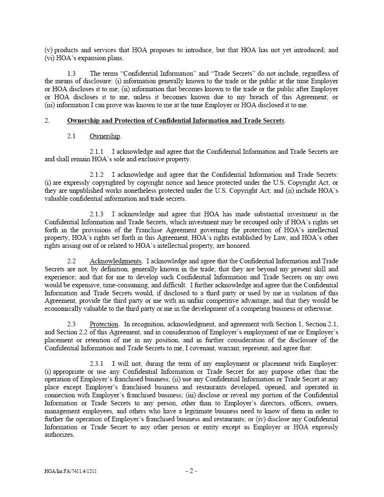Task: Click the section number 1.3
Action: [72, 73]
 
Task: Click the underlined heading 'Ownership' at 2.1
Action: [104, 136]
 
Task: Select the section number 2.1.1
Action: [96, 151]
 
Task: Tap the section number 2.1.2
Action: [96, 175]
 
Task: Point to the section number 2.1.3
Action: [96, 214]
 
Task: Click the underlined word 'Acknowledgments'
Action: [115, 261]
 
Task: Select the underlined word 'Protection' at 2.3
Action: [104, 324]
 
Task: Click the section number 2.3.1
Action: [96, 363]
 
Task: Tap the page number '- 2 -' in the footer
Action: [192, 471]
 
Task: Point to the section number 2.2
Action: [72, 261]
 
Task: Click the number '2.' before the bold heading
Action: [47, 120]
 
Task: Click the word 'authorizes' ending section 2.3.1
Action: [59, 435]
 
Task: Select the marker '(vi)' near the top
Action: [49, 58]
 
